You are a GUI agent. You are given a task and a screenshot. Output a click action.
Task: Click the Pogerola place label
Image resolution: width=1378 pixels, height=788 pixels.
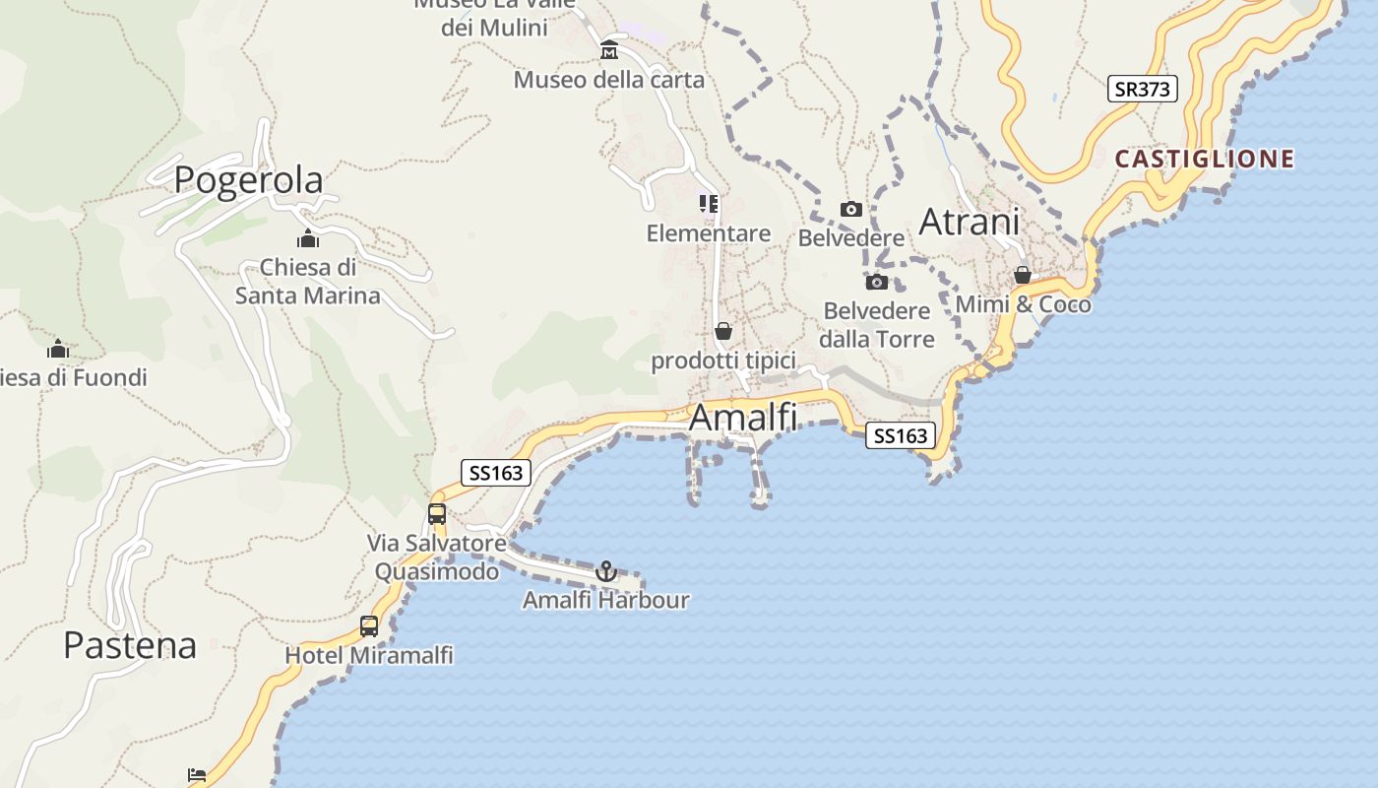point(248,180)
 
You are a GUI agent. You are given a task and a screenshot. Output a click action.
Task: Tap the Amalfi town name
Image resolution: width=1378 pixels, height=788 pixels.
point(743,418)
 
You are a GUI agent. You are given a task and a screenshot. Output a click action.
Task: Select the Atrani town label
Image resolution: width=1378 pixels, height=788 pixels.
point(969,223)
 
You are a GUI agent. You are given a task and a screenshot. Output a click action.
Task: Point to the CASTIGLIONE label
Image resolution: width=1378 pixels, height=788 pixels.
point(1204,159)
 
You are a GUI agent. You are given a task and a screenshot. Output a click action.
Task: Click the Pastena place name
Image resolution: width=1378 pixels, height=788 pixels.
point(130,645)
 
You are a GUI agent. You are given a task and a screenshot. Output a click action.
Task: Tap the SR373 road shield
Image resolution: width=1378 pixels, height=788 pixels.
point(1142,89)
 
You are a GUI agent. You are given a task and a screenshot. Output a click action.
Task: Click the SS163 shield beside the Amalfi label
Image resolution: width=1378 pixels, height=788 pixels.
point(900,435)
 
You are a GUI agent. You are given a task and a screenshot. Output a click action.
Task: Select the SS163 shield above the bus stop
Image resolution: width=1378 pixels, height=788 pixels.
point(496,473)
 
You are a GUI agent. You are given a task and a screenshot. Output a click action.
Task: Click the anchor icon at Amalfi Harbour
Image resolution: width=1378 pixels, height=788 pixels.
point(606,571)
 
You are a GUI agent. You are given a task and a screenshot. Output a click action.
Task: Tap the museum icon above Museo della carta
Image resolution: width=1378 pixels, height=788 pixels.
point(609,50)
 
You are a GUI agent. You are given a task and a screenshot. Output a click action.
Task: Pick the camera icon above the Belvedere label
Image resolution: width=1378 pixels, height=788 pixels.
point(850,209)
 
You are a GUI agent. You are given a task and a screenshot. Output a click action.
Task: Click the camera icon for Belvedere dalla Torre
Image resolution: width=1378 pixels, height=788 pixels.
point(876,283)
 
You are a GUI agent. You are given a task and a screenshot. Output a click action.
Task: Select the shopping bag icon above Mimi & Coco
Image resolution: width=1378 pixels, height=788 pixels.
point(1023,275)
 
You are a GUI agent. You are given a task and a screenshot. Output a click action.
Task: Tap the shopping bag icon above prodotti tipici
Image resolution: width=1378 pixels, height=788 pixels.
point(723,331)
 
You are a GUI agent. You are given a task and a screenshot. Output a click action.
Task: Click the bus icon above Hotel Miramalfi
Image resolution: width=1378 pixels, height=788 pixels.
point(369,625)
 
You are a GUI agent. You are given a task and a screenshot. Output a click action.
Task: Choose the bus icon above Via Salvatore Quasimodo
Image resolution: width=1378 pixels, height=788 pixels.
point(437,513)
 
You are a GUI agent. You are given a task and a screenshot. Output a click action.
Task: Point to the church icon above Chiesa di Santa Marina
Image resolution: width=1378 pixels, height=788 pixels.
point(308,238)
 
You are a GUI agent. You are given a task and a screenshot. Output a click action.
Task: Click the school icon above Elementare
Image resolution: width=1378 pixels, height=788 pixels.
point(708,204)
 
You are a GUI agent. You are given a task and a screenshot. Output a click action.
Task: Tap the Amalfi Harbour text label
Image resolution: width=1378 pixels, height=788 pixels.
point(605,600)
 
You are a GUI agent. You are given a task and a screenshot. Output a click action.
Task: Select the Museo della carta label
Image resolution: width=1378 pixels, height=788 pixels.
point(609,80)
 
